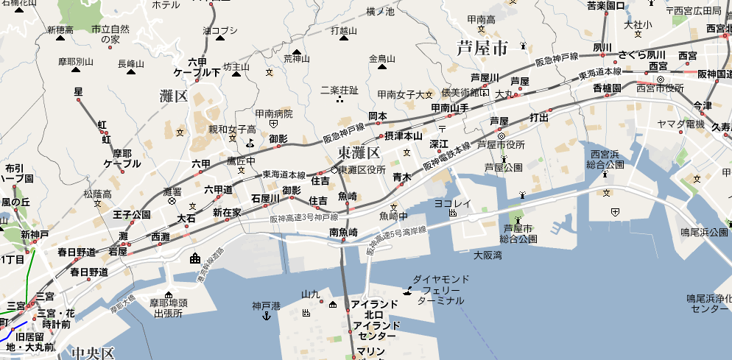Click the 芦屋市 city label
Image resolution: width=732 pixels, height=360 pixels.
pos(482,49)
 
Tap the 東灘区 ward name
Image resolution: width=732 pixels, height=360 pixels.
pos(359,152)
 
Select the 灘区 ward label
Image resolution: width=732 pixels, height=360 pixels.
pos(174,96)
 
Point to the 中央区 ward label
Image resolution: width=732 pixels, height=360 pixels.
pos(93,353)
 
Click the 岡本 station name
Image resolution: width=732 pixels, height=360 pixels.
pos(378,116)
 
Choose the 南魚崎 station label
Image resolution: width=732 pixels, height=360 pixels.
pos(343,232)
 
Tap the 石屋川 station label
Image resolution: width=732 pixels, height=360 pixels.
pos(265,198)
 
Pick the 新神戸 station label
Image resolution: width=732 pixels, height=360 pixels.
pos(35,235)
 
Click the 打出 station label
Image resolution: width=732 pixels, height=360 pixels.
pos(539,118)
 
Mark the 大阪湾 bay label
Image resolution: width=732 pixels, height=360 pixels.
pos(488,255)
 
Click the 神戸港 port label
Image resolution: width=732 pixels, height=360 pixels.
pos(266,305)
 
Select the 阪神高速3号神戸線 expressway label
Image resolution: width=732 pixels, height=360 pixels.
pos(303,219)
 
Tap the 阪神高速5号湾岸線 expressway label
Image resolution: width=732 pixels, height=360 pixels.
pos(397,241)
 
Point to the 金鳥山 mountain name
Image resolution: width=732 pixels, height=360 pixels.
pos(382,58)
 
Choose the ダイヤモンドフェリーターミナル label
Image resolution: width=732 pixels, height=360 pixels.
pos(440,290)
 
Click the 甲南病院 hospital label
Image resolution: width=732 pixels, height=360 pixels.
pos(274,114)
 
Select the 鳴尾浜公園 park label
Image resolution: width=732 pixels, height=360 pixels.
pos(704,232)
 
